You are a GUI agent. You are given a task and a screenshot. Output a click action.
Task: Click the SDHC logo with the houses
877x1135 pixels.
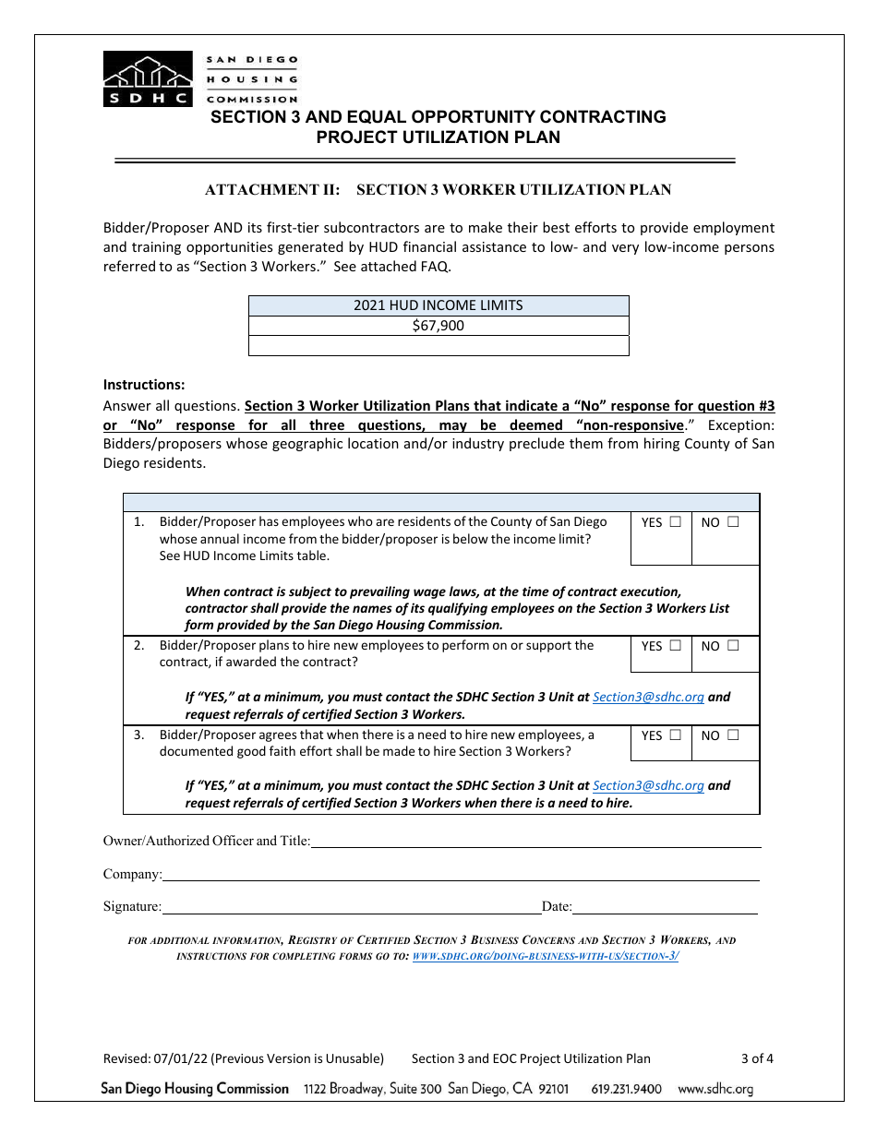[148, 78]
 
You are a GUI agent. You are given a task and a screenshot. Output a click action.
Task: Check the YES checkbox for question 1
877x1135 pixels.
[676, 521]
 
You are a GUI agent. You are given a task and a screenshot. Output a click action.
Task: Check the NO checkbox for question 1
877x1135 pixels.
[733, 521]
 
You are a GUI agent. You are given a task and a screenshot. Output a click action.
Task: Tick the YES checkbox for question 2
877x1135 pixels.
[676, 645]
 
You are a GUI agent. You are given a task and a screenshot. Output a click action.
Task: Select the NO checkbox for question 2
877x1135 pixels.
[733, 645]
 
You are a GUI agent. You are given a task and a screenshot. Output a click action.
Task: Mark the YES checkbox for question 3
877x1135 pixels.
[676, 735]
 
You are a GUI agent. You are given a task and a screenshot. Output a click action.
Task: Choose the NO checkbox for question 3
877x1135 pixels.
[733, 735]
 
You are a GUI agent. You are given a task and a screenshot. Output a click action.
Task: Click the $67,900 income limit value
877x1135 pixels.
[438, 326]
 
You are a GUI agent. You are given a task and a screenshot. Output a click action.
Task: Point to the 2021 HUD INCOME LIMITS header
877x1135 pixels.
[438, 305]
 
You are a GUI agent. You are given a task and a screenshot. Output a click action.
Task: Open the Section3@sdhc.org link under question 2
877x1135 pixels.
[648, 698]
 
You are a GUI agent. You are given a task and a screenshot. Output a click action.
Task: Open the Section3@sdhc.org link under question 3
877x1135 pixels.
[648, 786]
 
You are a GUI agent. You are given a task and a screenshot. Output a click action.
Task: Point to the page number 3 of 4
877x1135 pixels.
[757, 1058]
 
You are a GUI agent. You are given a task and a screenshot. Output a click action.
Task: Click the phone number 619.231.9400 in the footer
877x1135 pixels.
[626, 1089]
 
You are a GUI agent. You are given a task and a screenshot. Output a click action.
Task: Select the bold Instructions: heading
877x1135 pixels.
[144, 385]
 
